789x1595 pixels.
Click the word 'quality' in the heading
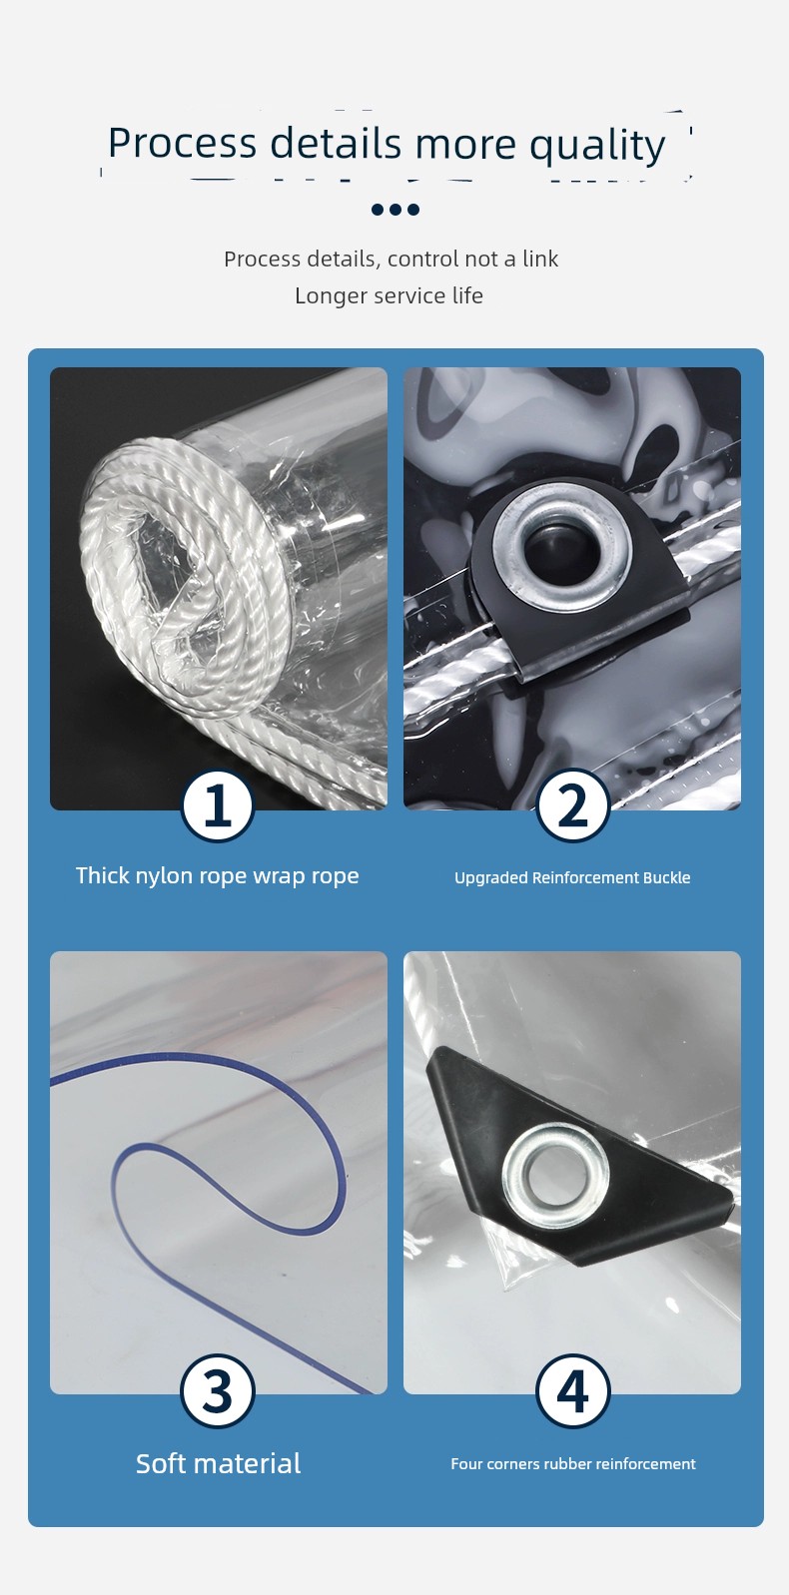point(597,146)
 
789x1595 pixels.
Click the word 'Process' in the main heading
point(182,143)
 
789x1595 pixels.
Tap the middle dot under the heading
point(395,210)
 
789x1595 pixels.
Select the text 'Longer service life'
point(390,295)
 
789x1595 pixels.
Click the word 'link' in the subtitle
point(540,259)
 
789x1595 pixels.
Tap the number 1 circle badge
point(218,806)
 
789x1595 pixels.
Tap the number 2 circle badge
point(572,806)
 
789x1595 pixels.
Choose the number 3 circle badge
point(218,1390)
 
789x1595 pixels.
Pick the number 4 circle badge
point(572,1390)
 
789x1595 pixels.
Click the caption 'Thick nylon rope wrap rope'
point(218,875)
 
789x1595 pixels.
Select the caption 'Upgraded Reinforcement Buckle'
point(572,877)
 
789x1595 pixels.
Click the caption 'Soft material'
point(218,1463)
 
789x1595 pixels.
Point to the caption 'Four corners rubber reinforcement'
point(573,1464)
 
